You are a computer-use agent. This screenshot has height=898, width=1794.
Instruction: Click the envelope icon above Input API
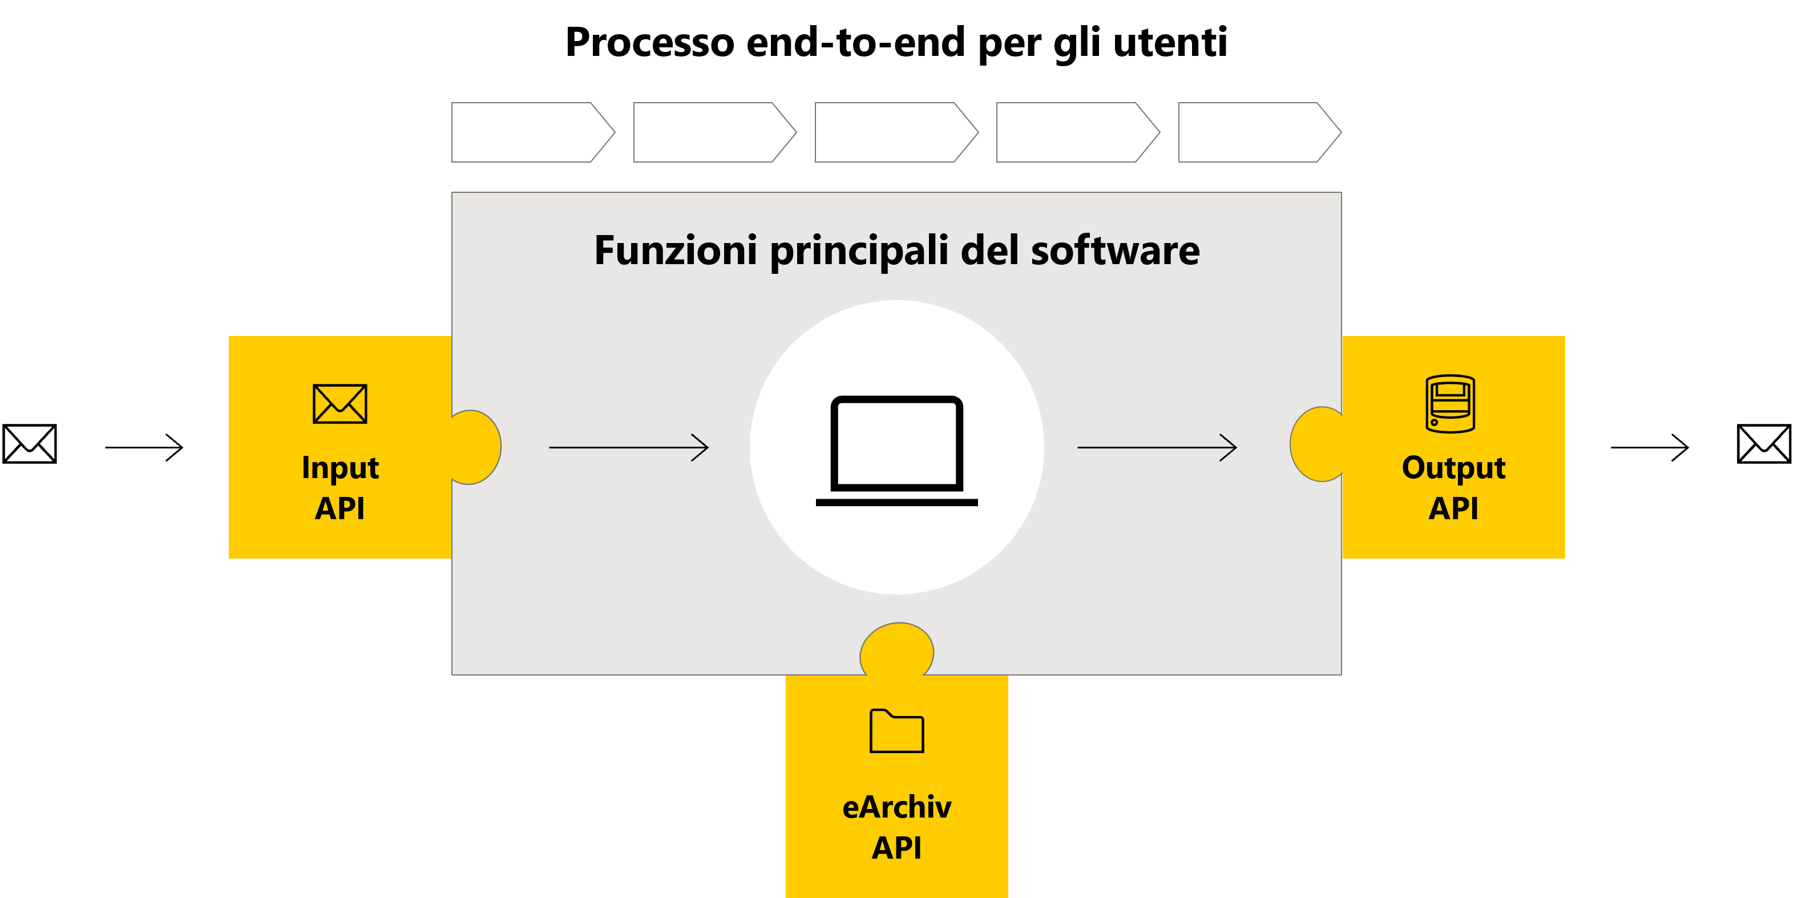click(x=340, y=404)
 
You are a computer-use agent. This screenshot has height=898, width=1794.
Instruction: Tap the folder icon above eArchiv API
click(x=897, y=731)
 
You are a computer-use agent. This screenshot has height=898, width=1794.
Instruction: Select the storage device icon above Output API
click(x=1450, y=404)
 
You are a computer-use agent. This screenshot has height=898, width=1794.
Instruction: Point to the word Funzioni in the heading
click(x=675, y=250)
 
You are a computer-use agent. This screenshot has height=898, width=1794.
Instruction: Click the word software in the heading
click(x=1115, y=250)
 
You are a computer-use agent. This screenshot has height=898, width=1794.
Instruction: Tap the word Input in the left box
click(x=340, y=468)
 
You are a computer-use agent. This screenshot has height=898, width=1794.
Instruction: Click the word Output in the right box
click(x=1453, y=468)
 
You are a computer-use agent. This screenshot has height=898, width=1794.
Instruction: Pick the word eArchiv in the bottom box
click(x=897, y=807)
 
